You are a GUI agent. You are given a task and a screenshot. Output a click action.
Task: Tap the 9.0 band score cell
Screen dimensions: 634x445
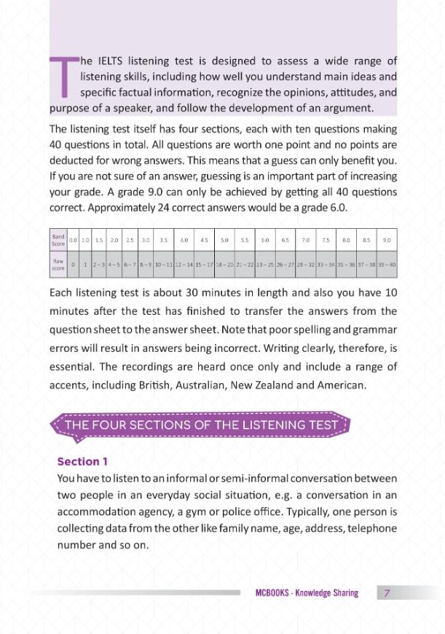pos(387,240)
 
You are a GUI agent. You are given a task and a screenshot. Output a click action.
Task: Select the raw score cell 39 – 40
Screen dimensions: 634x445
pos(387,265)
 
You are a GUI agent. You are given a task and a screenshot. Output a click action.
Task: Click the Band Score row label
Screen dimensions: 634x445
pos(58,240)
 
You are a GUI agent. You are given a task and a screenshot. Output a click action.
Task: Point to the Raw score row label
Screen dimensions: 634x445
pos(58,265)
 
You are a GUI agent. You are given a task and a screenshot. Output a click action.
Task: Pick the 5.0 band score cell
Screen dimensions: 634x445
pos(224,240)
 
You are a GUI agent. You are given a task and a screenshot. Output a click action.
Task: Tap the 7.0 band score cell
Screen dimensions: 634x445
pos(305,240)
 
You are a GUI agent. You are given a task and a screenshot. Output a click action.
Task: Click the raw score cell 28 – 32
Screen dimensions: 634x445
pos(305,265)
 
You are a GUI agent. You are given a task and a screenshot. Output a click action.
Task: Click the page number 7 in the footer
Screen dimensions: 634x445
pos(387,593)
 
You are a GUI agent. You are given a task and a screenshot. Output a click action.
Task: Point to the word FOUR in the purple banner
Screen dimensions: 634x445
pos(108,425)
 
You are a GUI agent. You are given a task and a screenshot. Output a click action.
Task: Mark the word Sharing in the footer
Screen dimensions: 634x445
pos(344,593)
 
